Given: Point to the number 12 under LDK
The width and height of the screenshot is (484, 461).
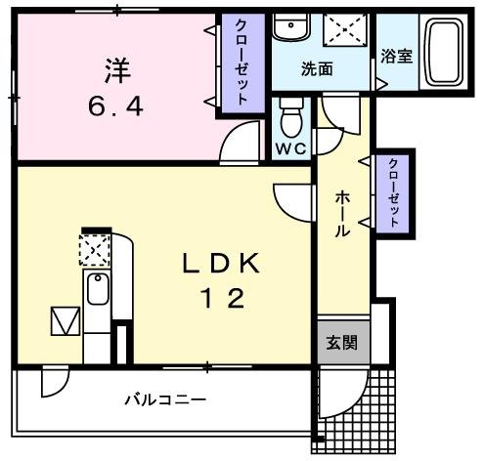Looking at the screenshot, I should pos(222,298).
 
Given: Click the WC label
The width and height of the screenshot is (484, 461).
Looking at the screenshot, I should pos(290,149).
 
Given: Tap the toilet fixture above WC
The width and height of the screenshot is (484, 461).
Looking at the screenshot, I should pos(290,120).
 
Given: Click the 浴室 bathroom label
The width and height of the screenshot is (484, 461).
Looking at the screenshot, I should pos(397,56).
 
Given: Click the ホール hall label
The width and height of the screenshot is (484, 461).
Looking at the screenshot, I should pos(343,215).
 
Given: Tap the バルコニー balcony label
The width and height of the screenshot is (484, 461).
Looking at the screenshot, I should pos(164,400).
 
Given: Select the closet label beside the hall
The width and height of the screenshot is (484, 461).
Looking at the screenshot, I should pos(394,193).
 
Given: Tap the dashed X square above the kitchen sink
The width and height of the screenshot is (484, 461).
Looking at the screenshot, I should pos(95,252).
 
